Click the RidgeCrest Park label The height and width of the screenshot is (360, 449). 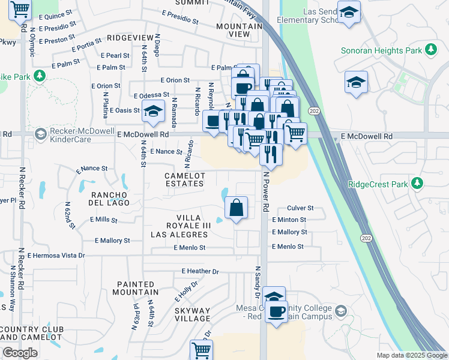[378, 184]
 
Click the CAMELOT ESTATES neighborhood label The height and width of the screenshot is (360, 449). [185, 179]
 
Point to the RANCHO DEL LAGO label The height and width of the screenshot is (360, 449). [109, 199]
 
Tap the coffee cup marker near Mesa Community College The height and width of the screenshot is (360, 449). [277, 313]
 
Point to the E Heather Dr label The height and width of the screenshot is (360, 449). [195, 271]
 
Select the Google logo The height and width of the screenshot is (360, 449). [20, 353]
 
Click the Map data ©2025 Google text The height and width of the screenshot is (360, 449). [411, 355]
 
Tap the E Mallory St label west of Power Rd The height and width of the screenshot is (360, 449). [112, 241]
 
